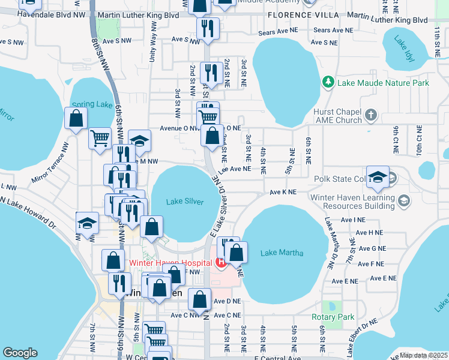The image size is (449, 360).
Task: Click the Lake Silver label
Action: (186, 202)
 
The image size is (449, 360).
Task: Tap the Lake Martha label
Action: (282, 253)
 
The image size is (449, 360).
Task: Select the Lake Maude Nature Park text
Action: (383, 83)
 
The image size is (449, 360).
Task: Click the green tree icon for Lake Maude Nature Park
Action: (328, 82)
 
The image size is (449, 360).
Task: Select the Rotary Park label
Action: (333, 317)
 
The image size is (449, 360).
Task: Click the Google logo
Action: (20, 353)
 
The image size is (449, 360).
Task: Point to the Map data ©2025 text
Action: (423, 355)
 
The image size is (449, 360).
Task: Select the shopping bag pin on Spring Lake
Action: (76, 119)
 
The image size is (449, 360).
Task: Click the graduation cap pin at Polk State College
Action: (378, 177)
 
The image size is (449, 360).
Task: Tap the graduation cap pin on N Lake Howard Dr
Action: (87, 223)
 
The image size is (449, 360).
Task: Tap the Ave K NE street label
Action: (283, 192)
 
